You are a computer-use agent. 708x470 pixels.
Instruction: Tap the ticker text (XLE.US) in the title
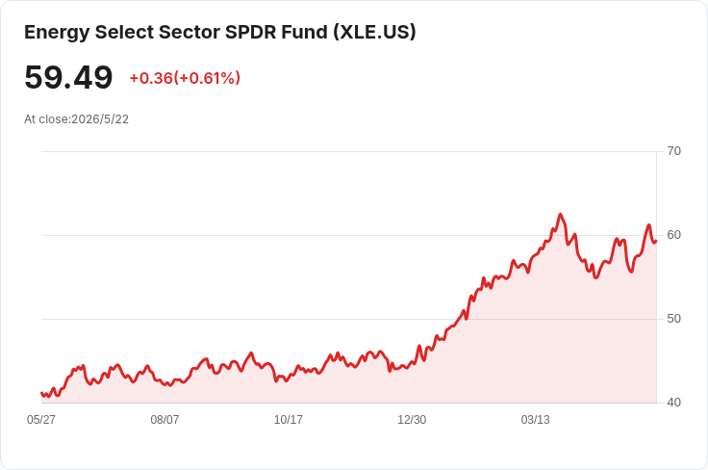click(374, 32)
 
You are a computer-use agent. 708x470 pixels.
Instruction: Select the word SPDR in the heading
click(251, 32)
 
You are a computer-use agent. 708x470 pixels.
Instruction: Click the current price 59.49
click(68, 77)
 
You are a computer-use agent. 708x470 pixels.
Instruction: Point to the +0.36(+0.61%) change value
click(185, 78)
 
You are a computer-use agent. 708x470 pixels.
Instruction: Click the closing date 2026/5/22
click(100, 119)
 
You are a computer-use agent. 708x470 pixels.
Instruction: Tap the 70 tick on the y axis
click(673, 151)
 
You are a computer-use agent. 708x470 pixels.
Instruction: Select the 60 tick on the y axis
click(673, 235)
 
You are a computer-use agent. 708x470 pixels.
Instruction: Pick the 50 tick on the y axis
click(673, 319)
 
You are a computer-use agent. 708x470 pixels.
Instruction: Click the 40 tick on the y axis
click(673, 403)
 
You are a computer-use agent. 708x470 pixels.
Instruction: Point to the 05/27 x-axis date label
click(41, 420)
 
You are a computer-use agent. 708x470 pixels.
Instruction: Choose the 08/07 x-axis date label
click(164, 420)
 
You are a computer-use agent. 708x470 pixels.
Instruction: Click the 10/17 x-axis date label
click(288, 420)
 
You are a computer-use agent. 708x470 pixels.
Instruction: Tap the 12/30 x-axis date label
click(412, 420)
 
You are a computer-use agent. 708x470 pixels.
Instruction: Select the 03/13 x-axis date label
click(536, 420)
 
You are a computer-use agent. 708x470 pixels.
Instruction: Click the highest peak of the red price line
click(561, 214)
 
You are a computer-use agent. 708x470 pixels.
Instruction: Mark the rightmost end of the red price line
click(656, 241)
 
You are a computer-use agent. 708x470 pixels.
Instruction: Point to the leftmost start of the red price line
click(41, 393)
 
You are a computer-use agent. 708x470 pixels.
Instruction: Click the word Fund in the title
click(305, 32)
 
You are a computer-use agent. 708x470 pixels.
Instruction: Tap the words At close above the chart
click(46, 119)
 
